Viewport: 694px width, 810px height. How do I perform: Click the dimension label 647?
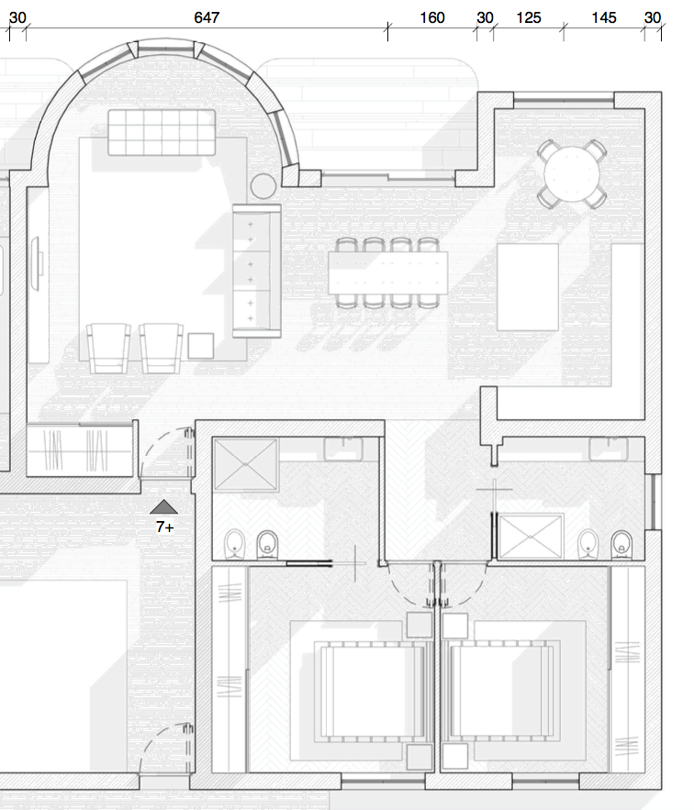(x=207, y=18)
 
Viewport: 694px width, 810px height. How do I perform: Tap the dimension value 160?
(x=431, y=18)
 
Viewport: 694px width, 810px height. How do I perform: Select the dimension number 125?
(x=529, y=18)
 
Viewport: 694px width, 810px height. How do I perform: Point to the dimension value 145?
(x=603, y=18)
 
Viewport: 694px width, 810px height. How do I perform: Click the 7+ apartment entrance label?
(x=164, y=527)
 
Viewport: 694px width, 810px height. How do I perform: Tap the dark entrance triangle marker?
(x=164, y=507)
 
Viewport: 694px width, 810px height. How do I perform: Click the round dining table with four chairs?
(x=571, y=174)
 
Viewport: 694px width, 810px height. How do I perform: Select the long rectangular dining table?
(x=388, y=272)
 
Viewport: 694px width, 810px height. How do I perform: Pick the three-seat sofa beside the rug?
(x=256, y=272)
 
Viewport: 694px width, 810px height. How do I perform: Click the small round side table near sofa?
(x=263, y=186)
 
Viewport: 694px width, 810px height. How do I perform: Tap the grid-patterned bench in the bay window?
(x=162, y=132)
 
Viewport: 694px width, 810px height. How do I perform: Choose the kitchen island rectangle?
(x=528, y=287)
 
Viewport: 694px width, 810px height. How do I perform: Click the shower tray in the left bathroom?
(x=246, y=465)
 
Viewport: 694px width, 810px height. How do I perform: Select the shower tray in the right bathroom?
(x=531, y=537)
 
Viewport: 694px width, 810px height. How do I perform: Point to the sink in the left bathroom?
(x=344, y=449)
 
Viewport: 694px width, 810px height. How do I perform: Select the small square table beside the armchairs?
(x=201, y=346)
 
